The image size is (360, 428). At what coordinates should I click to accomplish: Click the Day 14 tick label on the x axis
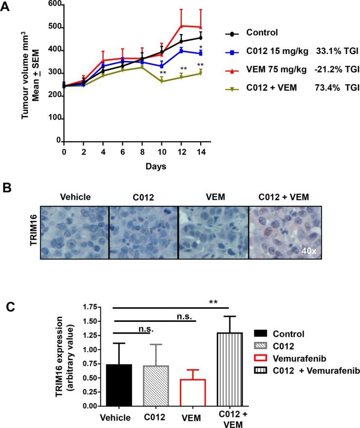click(200, 152)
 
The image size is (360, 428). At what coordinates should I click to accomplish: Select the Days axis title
click(155, 167)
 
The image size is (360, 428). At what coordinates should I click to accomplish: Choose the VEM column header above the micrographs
click(213, 197)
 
